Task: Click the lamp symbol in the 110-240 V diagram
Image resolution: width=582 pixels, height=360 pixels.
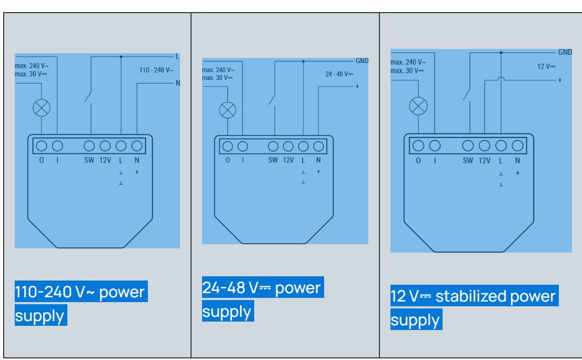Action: (x=42, y=108)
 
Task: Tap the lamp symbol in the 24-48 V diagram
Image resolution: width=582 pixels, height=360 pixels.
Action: (x=227, y=110)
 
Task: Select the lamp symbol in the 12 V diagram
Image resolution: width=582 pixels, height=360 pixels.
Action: (x=418, y=106)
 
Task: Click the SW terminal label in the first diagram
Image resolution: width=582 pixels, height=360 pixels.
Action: (x=89, y=160)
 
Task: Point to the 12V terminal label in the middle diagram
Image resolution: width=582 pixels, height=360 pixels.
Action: (x=288, y=160)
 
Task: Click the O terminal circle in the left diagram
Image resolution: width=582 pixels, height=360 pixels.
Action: (x=42, y=146)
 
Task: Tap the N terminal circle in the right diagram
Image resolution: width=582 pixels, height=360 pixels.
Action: (x=517, y=146)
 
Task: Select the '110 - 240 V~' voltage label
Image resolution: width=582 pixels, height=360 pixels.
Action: (x=156, y=70)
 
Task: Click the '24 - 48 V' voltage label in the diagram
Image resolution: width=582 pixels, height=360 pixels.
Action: (x=339, y=74)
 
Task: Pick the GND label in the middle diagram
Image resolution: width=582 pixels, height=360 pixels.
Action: (x=362, y=61)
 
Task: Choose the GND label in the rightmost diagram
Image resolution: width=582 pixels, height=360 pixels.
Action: (x=565, y=52)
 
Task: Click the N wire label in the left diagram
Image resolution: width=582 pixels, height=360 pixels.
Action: (x=178, y=83)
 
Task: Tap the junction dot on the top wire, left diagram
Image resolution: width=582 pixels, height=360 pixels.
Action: (x=121, y=56)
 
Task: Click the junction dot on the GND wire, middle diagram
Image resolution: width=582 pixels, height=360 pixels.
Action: (x=303, y=61)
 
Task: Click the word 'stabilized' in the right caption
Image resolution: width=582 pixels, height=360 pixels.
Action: (x=469, y=296)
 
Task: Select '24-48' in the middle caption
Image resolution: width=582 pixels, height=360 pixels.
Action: (x=224, y=288)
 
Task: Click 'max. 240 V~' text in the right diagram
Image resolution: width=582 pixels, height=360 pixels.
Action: (x=406, y=62)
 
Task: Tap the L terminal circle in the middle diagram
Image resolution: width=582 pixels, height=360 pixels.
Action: (x=303, y=146)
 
